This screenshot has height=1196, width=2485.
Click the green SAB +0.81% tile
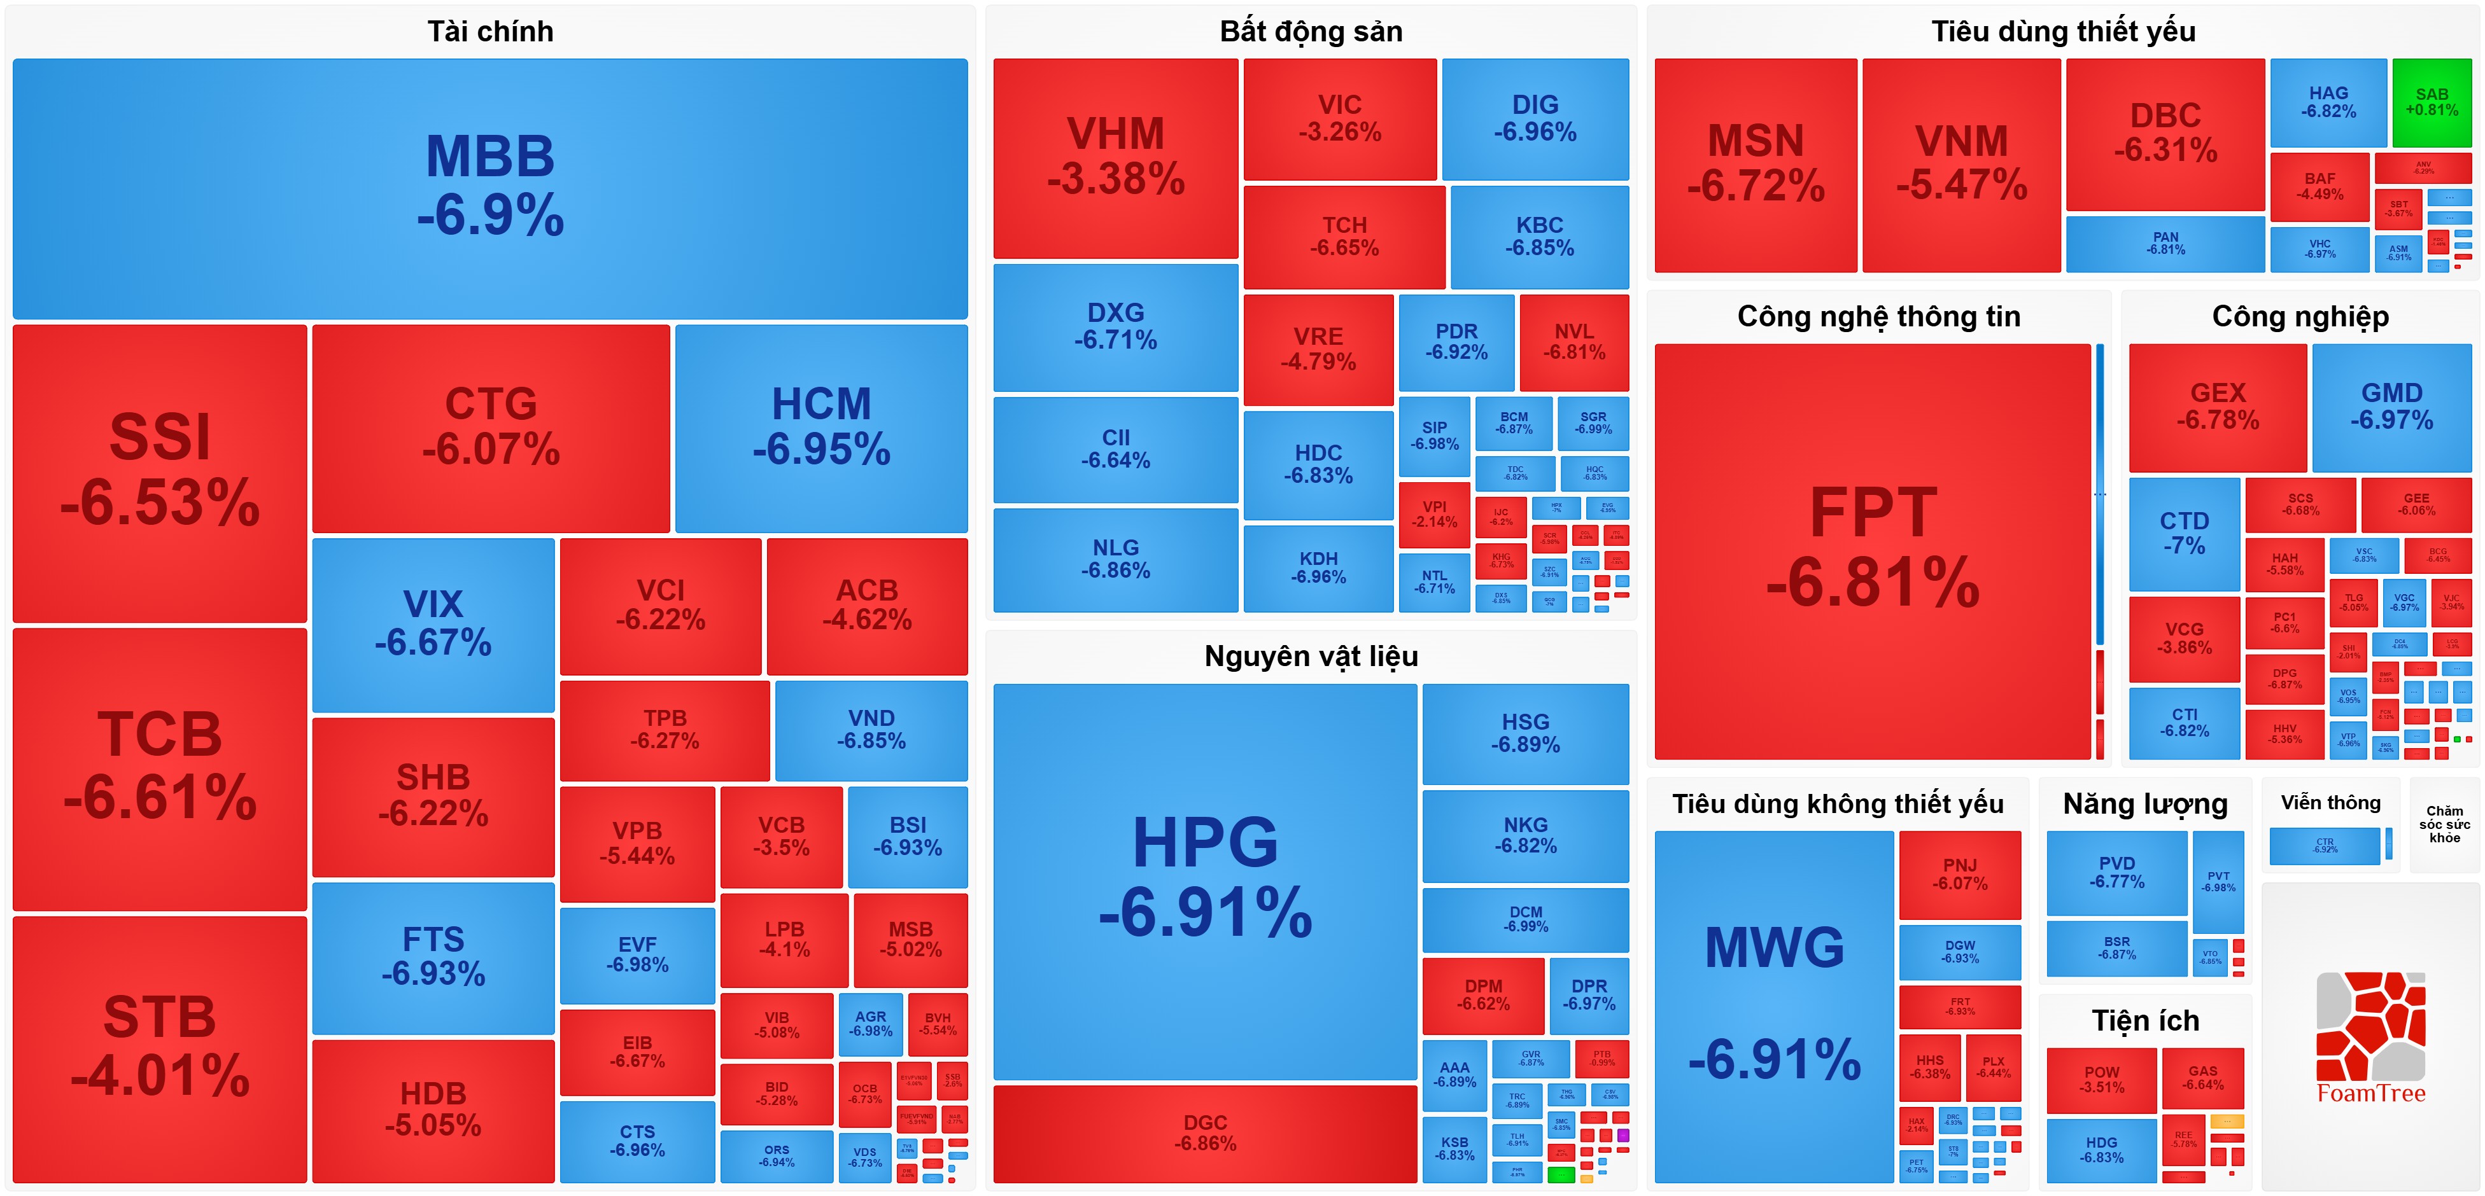pyautogui.click(x=2431, y=102)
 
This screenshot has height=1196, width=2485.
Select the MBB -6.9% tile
pyautogui.click(x=490, y=188)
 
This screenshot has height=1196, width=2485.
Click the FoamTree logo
pyautogui.click(x=2370, y=1037)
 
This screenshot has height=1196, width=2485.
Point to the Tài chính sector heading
pyautogui.click(x=490, y=32)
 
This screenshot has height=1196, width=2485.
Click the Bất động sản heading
pyautogui.click(x=1310, y=32)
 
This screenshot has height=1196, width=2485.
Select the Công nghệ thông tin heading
pyautogui.click(x=1878, y=316)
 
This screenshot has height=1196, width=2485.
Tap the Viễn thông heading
pyautogui.click(x=2330, y=802)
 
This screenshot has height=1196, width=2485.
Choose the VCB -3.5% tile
pyautogui.click(x=782, y=836)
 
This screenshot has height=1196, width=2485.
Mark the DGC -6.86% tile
pyautogui.click(x=1205, y=1133)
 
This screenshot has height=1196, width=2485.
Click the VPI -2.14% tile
pyautogui.click(x=1435, y=514)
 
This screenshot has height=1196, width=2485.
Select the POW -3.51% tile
pyautogui.click(x=2101, y=1080)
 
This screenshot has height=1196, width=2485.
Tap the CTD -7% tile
pyautogui.click(x=2184, y=533)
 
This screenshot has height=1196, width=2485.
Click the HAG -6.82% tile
pyautogui.click(x=2328, y=102)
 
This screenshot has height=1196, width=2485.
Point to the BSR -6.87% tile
pyautogui.click(x=2116, y=948)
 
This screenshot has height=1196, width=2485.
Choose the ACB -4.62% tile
pyautogui.click(x=866, y=605)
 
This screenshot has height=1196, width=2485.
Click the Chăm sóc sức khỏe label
pyautogui.click(x=2444, y=824)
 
